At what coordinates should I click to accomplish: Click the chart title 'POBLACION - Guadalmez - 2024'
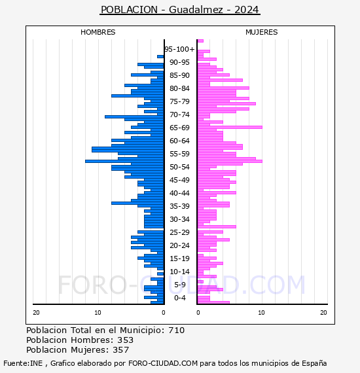tap(180, 10)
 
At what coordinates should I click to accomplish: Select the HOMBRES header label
tap(98, 32)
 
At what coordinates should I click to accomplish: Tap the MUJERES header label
tap(262, 32)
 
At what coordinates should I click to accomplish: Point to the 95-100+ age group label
tap(179, 49)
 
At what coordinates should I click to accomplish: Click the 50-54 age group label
tap(179, 167)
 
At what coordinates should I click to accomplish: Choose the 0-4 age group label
tap(179, 298)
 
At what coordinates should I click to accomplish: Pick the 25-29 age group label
tap(179, 232)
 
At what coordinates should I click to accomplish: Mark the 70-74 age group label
tap(179, 115)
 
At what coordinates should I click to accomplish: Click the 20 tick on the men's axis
tap(36, 312)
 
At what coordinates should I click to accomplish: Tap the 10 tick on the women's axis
tap(261, 312)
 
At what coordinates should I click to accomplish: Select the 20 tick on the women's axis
tap(323, 312)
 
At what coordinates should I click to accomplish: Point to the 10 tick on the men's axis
tap(98, 312)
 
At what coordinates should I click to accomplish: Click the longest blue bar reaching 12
tap(124, 161)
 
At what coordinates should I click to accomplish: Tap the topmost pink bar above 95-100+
tap(200, 41)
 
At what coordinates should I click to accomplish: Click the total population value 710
tap(176, 330)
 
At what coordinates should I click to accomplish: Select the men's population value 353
tap(125, 340)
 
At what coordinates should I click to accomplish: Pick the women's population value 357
tap(120, 349)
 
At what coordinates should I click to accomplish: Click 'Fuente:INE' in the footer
tap(23, 363)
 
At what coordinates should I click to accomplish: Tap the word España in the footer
tap(314, 363)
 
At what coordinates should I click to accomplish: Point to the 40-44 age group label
tap(179, 193)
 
